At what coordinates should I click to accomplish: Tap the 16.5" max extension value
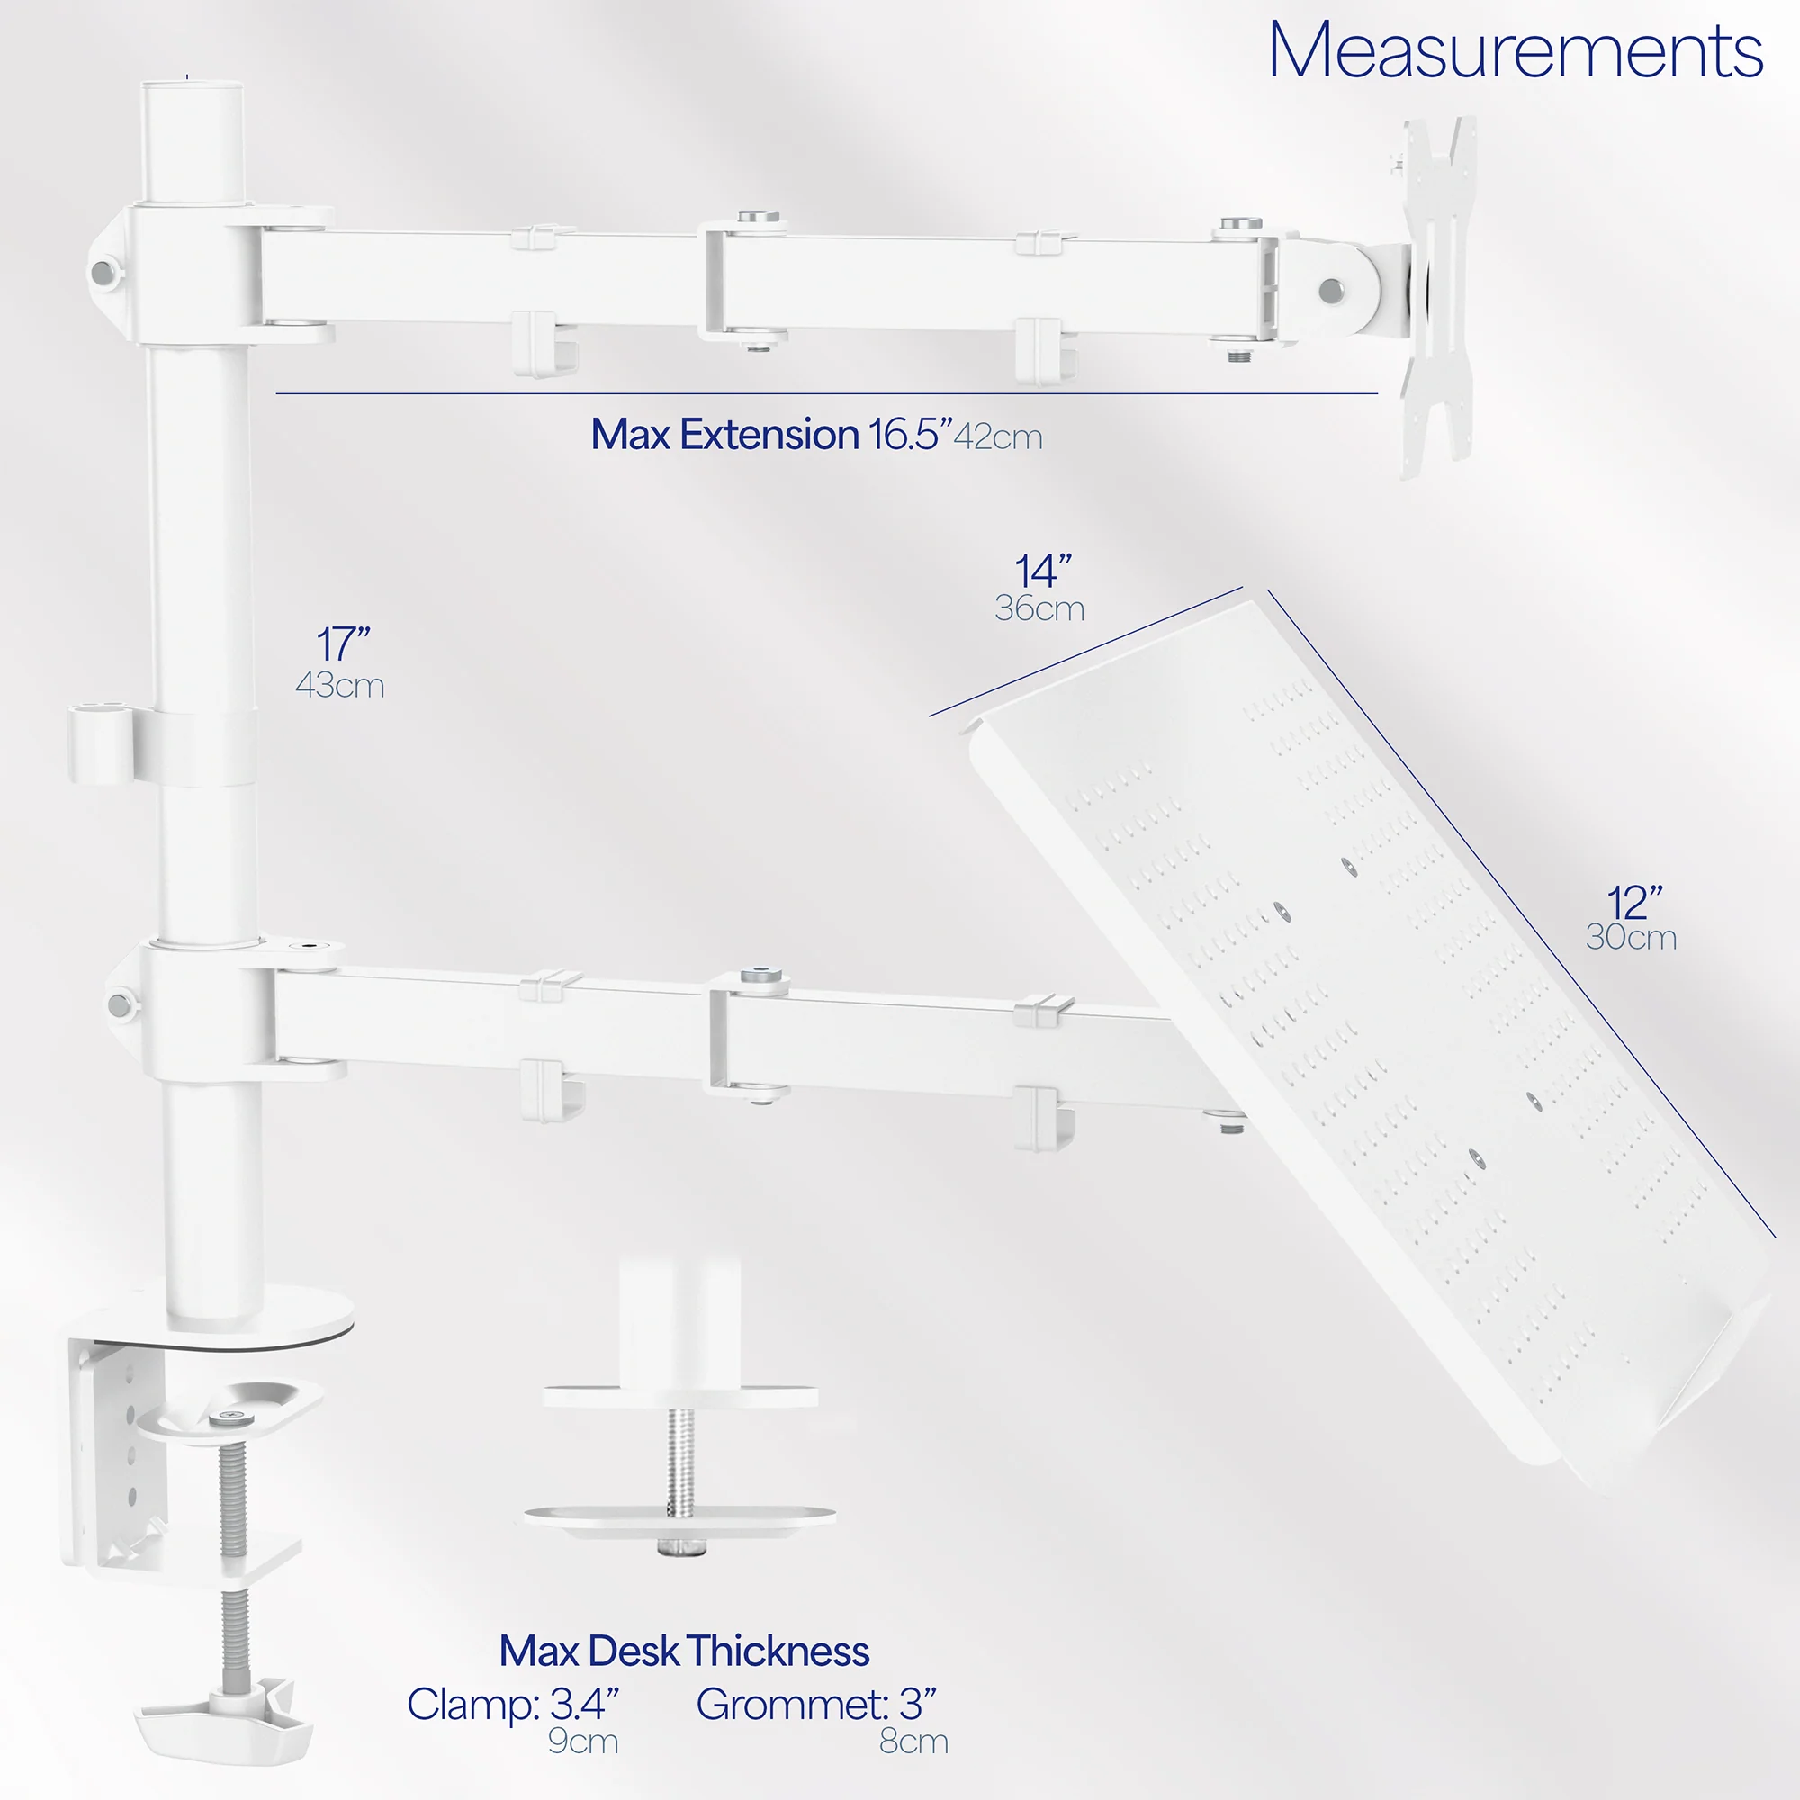[x=910, y=435]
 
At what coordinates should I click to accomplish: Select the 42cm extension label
[x=998, y=437]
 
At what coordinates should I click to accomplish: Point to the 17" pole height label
[x=343, y=643]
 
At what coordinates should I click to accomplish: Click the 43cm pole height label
[x=340, y=686]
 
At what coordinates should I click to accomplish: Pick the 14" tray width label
[x=1042, y=571]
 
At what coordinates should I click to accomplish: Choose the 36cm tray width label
[x=1039, y=608]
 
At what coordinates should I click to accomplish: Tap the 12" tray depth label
[x=1634, y=903]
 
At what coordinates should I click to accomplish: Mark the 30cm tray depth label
[x=1632, y=937]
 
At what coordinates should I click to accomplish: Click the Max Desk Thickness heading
[x=684, y=1651]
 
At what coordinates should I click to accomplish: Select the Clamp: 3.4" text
[x=512, y=1704]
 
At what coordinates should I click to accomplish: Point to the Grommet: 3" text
[x=816, y=1704]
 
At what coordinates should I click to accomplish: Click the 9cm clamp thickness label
[x=583, y=1741]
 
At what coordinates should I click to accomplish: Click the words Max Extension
[x=724, y=435]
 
